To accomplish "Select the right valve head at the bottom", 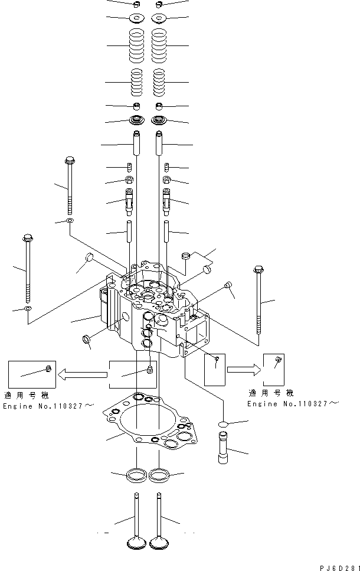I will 158,542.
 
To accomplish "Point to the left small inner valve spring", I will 136,82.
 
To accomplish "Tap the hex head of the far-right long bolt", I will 258,270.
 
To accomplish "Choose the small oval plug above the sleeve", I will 223,424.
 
